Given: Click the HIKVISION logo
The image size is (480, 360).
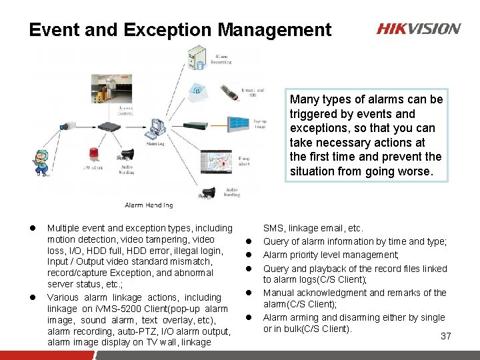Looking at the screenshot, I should pyautogui.click(x=418, y=29).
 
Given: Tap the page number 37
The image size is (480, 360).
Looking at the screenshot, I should pyautogui.click(x=446, y=336).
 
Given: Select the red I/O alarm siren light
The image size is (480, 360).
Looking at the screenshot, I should pyautogui.click(x=92, y=155).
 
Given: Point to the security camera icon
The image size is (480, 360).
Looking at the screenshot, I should pyautogui.click(x=69, y=125).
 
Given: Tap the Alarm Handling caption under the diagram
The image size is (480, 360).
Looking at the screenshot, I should pyautogui.click(x=149, y=205).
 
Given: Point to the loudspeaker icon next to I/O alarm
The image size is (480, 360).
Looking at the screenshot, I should pyautogui.click(x=127, y=155).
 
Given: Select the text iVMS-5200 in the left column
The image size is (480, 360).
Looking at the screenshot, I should pyautogui.click(x=115, y=308).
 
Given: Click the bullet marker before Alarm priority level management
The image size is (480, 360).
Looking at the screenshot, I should pyautogui.click(x=254, y=255).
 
